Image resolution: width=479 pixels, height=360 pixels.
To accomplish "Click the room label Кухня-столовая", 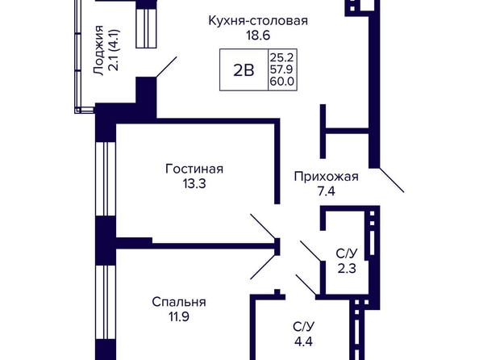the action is tap(258, 21).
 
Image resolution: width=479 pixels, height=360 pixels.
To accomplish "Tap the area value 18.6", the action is tap(258, 36).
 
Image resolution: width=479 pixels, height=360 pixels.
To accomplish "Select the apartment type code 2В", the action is tap(244, 71).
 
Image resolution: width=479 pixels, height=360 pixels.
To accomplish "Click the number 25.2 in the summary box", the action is tap(281, 57).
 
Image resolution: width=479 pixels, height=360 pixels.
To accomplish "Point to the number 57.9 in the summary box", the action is tap(281, 69).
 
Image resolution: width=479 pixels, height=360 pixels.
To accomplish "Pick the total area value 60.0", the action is tap(281, 82).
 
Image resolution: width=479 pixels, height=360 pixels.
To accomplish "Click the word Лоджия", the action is tap(98, 50).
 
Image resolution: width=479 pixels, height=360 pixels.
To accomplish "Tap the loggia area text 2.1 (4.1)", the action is tap(114, 50).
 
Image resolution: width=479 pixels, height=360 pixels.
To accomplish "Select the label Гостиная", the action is tap(194, 169).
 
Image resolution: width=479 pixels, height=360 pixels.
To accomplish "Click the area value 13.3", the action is tap(194, 184).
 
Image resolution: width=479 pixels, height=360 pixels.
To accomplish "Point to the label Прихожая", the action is tap(327, 177).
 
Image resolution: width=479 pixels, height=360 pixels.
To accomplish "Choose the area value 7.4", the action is tap(327, 191).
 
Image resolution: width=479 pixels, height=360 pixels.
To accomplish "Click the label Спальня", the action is tap(179, 302).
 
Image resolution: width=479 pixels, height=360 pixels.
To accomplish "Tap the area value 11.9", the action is tap(179, 317).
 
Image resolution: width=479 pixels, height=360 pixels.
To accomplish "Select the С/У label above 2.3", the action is tap(347, 253).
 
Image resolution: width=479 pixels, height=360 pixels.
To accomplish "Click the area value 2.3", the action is tap(347, 269).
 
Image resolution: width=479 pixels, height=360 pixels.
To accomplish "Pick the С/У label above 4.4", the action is tap(303, 327).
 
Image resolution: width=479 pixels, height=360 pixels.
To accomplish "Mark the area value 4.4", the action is tap(304, 341).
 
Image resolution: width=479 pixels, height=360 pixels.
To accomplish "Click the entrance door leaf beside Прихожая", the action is tap(392, 180).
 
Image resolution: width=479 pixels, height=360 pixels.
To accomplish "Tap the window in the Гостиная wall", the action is tap(106, 179).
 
